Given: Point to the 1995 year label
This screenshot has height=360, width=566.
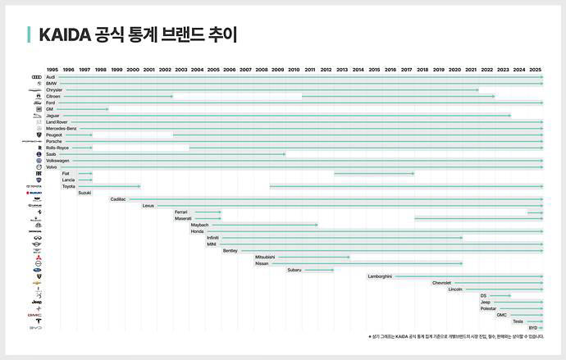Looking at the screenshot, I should coord(52,71).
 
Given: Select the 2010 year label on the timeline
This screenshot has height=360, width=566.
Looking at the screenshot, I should coord(294,71).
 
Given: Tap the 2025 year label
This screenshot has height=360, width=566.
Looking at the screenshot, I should coord(535,71).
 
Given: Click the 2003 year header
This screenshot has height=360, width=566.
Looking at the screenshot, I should coord(181,71).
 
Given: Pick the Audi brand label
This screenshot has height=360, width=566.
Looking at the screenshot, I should coord(51,77).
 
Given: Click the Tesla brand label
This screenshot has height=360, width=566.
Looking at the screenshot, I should coord(518,321).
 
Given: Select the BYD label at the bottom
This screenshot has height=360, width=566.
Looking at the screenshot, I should coord(533,328).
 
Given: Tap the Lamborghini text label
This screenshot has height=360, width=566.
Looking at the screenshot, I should coord(380,276).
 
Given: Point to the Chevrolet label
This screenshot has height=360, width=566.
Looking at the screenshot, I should coord(441,283).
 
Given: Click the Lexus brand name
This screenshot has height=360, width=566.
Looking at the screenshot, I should coord(148,206).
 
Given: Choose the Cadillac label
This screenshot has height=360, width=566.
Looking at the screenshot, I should coord(118,199).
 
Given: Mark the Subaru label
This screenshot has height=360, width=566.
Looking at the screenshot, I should coord(294,270).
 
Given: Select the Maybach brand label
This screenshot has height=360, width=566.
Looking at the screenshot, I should coord(199,225).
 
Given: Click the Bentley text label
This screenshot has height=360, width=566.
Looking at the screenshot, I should coord(230,251).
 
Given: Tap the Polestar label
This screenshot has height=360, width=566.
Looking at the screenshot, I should coord(488,308).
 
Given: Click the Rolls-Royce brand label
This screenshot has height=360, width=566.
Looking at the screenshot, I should coord(57,148).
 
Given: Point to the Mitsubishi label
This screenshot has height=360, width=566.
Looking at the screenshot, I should coord(265,257).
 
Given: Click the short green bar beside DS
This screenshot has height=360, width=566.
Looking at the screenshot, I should coord(500,295).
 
